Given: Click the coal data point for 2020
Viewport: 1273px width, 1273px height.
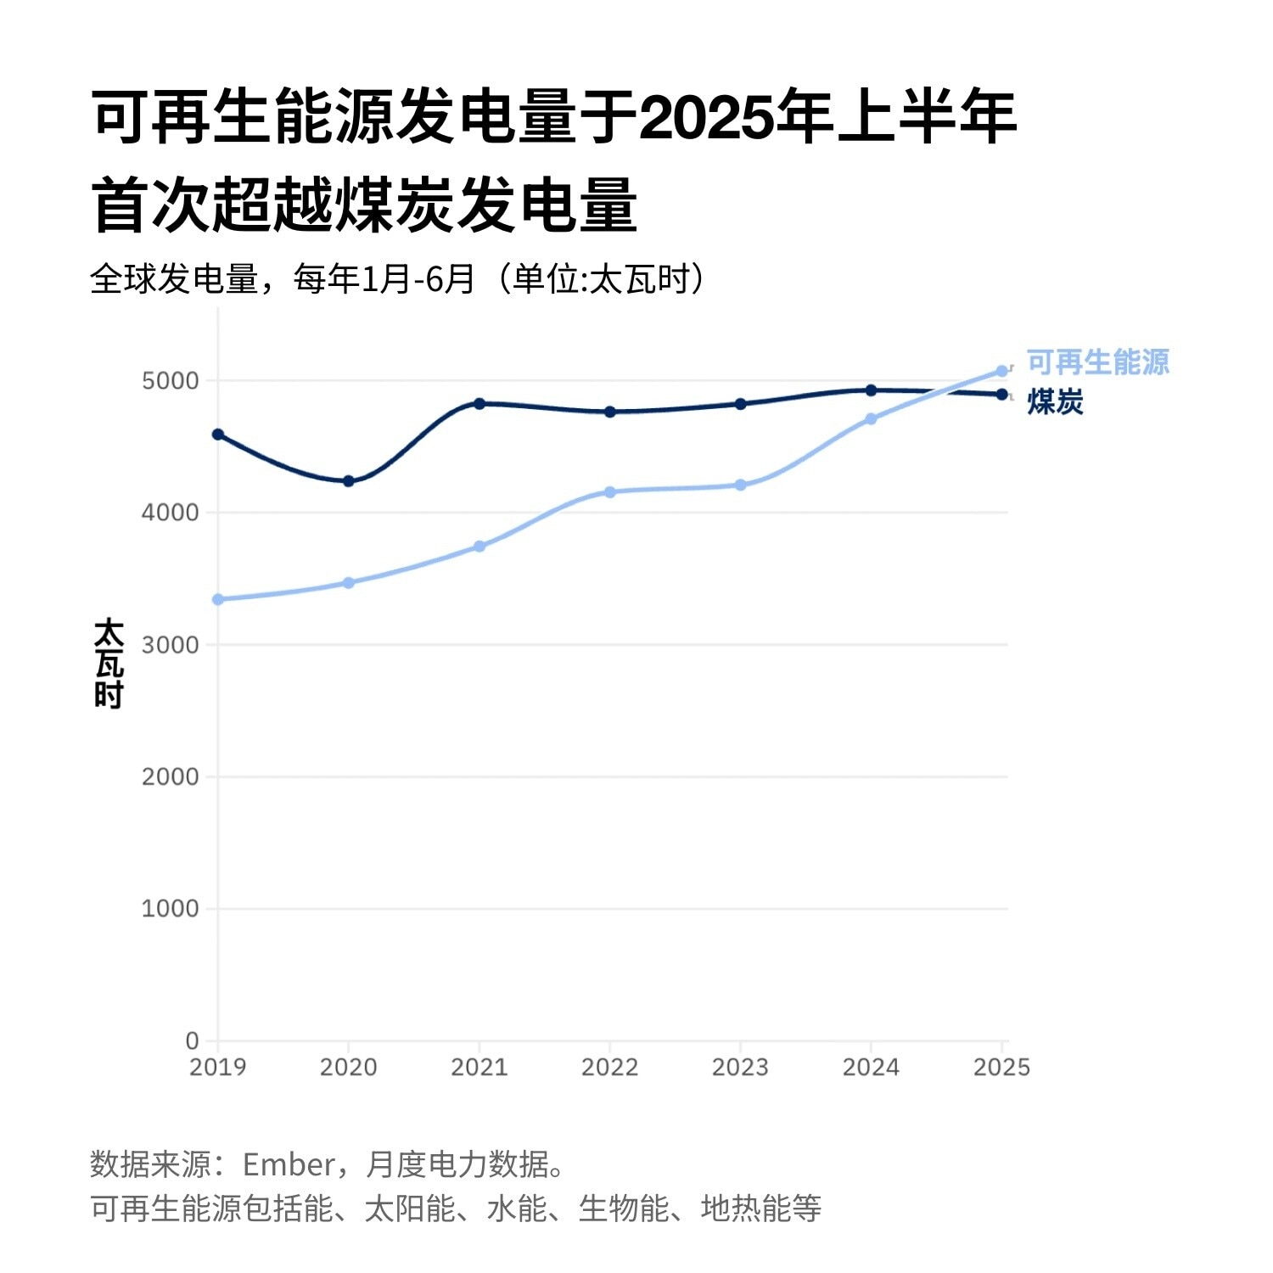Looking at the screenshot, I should [x=348, y=481].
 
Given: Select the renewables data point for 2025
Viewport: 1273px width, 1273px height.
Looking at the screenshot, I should [x=1001, y=372].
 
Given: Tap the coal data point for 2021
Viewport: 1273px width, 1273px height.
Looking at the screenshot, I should [x=479, y=404].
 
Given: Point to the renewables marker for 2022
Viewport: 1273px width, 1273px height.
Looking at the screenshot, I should [x=609, y=492].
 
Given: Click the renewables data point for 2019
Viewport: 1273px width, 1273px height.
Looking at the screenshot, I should [x=218, y=599].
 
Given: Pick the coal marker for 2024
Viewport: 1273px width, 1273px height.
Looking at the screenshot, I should [x=871, y=390].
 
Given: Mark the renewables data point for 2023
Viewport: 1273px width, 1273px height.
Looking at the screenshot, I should [x=740, y=485].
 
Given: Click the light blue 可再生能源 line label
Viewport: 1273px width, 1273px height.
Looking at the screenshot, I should [x=1097, y=362].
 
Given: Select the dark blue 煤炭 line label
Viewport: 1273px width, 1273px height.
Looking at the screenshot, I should [x=1055, y=402].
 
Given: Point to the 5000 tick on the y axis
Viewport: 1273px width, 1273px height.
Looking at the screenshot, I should [x=170, y=381].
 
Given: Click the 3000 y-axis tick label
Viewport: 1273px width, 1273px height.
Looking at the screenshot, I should [x=170, y=645].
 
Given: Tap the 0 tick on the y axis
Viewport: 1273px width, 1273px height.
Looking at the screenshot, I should [x=193, y=1040].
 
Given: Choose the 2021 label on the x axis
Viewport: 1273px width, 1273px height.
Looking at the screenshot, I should [x=479, y=1068].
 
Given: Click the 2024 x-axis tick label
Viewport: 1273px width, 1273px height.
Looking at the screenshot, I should [x=871, y=1068].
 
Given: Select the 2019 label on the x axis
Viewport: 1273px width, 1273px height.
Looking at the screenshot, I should [x=218, y=1068].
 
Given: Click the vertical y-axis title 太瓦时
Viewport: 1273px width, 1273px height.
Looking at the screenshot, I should [x=109, y=664].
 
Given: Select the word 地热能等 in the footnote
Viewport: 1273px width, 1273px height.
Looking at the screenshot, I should [x=760, y=1209].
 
